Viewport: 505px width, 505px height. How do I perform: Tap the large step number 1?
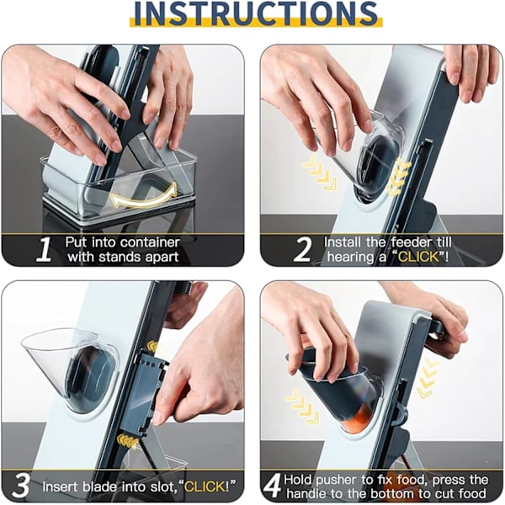pyautogui.click(x=44, y=249)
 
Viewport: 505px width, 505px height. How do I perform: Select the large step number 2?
pyautogui.click(x=302, y=249)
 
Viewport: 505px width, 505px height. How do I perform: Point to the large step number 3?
pyautogui.click(x=20, y=486)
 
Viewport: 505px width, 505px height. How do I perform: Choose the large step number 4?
pyautogui.click(x=273, y=486)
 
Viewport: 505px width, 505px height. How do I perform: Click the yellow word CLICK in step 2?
pyautogui.click(x=418, y=257)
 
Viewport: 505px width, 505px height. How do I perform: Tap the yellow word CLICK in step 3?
pyautogui.click(x=205, y=486)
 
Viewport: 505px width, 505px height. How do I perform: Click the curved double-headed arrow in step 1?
pyautogui.click(x=144, y=196)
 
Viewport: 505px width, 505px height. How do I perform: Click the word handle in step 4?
pyautogui.click(x=307, y=494)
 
